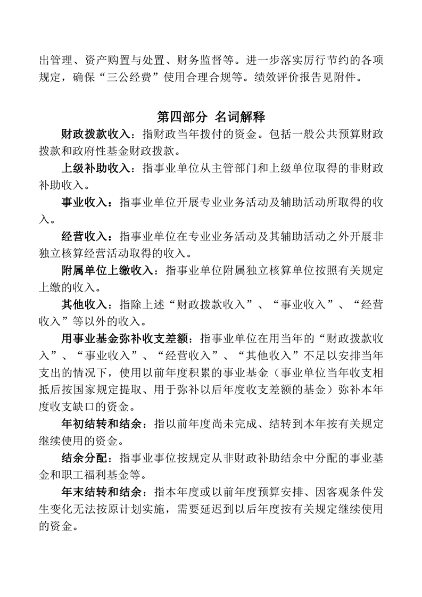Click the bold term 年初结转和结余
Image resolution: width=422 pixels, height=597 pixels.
(102, 424)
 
